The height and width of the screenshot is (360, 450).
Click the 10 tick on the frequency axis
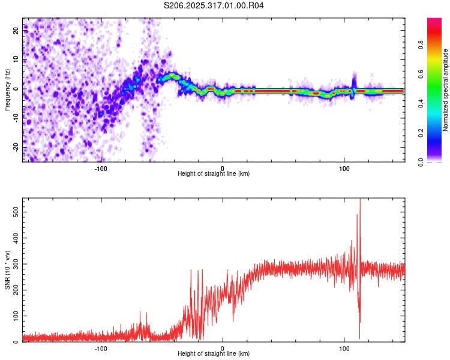click(16, 60)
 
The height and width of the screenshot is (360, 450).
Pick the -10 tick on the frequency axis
click(15, 119)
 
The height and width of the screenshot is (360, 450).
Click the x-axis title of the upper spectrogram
click(214, 173)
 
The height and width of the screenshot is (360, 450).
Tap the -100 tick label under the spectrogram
click(100, 168)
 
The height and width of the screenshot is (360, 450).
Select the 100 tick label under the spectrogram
click(344, 168)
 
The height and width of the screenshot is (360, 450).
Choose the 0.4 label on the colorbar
click(437, 103)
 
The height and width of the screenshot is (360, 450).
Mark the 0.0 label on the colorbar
click(437, 161)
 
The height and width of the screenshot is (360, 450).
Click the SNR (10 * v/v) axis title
click(7, 270)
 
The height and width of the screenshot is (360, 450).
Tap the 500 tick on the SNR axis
click(14, 212)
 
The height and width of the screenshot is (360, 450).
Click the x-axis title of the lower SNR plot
click(214, 353)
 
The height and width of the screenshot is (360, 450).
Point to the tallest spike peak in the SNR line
click(360, 200)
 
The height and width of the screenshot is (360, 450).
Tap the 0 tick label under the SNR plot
click(223, 348)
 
